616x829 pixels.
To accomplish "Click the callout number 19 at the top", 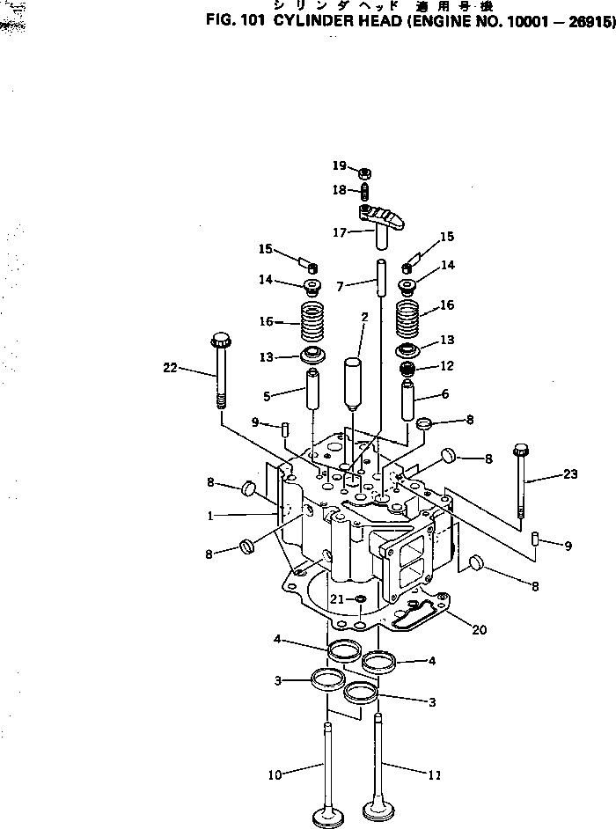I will [340, 165].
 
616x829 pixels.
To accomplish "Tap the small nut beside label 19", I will [363, 172].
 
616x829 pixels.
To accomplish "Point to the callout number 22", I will [171, 368].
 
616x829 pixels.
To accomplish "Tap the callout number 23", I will [569, 475].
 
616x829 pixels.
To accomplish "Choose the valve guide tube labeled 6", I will [409, 400].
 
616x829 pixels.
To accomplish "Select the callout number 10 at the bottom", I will [275, 775].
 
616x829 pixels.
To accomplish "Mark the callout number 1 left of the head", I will [210, 517].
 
